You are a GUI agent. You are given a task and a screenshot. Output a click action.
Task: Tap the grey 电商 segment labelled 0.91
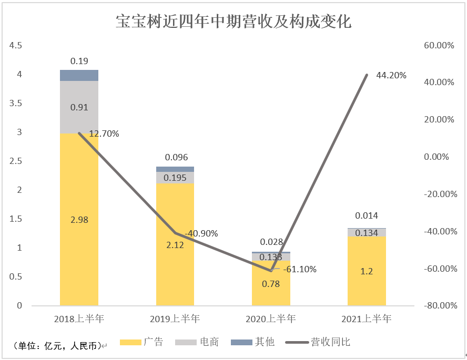(x=79, y=107)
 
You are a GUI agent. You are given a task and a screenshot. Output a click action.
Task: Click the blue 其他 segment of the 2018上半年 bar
(x=79, y=75)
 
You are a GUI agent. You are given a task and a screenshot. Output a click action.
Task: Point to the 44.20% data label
(x=391, y=76)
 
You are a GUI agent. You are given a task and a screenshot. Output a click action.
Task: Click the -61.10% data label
(x=300, y=269)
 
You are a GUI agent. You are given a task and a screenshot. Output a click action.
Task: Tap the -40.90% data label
(x=201, y=233)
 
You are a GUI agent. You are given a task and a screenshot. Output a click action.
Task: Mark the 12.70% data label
(x=104, y=133)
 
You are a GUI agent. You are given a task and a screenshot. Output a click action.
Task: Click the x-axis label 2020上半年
(x=270, y=318)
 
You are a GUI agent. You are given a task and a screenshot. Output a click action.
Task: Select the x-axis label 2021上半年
(x=367, y=318)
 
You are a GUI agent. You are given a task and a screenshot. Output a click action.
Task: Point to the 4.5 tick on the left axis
(x=15, y=46)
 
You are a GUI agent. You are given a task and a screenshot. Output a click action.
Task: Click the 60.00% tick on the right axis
(x=439, y=46)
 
